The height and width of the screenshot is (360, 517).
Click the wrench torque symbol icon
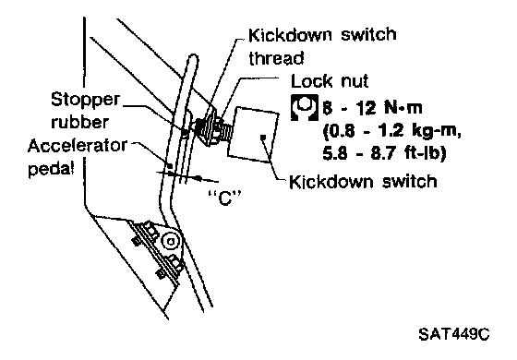(x=305, y=107)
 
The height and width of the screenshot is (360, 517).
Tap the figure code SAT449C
(x=454, y=334)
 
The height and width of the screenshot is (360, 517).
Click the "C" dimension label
(x=225, y=198)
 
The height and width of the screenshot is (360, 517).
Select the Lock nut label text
(x=330, y=81)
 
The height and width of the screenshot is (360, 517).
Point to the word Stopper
(x=85, y=100)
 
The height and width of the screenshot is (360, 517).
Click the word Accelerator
(x=78, y=146)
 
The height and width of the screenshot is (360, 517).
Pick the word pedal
(x=52, y=168)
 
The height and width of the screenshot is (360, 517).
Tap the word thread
(x=276, y=58)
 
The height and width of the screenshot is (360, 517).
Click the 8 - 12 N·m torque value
(x=372, y=108)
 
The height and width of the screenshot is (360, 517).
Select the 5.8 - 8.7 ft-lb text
(x=384, y=153)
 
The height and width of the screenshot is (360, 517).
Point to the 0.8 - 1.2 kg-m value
(x=391, y=131)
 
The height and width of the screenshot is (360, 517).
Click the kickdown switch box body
(x=253, y=135)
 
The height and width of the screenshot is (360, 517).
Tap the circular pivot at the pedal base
(x=171, y=241)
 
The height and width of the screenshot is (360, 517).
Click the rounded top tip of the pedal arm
(x=193, y=58)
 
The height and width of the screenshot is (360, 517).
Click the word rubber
(x=79, y=122)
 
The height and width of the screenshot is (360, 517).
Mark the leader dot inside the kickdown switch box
(x=263, y=138)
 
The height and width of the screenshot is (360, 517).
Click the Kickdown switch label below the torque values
(x=363, y=181)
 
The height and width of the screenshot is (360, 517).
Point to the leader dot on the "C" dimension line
(x=198, y=178)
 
